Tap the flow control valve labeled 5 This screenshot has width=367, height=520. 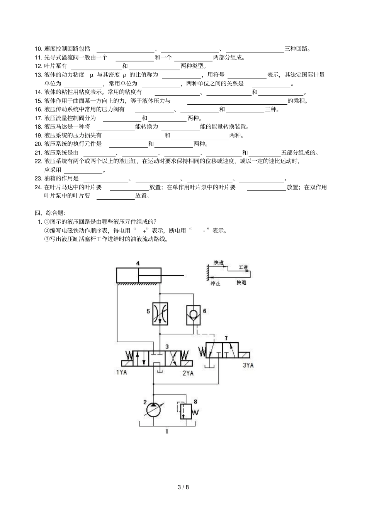[160, 314]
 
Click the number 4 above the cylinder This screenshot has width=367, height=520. [138, 263]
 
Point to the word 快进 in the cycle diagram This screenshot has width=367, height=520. [218, 263]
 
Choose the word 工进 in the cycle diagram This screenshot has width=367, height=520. [243, 267]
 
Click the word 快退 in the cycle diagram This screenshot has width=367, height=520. [241, 282]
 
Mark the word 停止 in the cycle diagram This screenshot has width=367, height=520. [215, 283]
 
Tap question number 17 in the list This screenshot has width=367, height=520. [38, 118]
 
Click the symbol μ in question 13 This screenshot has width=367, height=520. [92, 75]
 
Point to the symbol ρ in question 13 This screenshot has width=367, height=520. [124, 75]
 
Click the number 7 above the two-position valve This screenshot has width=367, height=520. [226, 338]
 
